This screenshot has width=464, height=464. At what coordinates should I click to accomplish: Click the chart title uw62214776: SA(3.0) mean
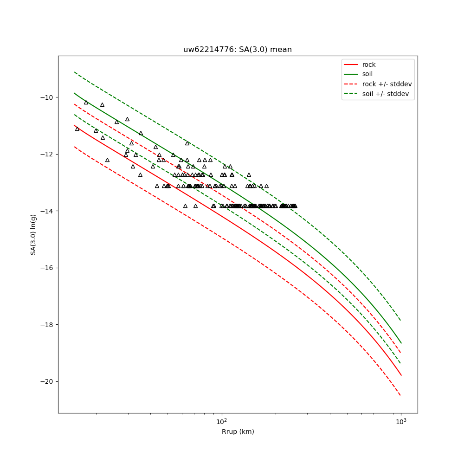(x=237, y=50)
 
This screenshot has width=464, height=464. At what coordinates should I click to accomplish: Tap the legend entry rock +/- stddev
(x=387, y=84)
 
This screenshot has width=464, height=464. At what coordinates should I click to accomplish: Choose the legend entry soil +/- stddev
(x=387, y=94)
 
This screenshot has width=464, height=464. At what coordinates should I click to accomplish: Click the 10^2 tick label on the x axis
(x=222, y=421)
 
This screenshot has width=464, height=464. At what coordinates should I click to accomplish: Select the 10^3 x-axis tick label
(x=401, y=421)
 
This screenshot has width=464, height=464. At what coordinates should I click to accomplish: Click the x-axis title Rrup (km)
(x=238, y=432)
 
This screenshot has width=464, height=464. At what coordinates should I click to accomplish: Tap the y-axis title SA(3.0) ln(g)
(x=33, y=234)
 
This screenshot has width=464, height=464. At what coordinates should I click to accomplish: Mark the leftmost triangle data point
(x=77, y=129)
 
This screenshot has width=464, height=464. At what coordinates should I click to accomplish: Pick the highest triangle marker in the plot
(x=86, y=102)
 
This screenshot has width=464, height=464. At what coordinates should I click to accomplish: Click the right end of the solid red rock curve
(x=401, y=375)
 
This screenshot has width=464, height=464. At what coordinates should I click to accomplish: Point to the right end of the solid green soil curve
(x=401, y=343)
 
